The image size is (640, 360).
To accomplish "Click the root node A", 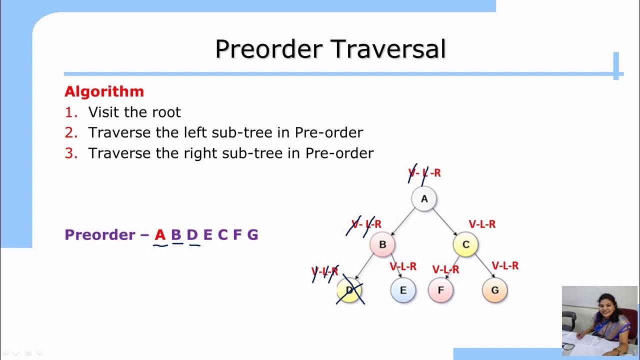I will (x=424, y=199).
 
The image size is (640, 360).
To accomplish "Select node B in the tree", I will (x=382, y=244).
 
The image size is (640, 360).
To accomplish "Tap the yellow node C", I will (x=465, y=244).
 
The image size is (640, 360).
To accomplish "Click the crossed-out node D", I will (x=349, y=290).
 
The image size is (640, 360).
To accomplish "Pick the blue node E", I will (x=403, y=290).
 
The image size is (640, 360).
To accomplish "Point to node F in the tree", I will (x=440, y=290).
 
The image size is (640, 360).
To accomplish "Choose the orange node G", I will (x=495, y=290).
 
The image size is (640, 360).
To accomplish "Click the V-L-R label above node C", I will (x=482, y=224).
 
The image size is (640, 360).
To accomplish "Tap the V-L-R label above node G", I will (x=505, y=265).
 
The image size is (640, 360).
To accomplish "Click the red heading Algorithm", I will (x=104, y=91).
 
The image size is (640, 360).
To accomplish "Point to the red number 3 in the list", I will (x=71, y=153).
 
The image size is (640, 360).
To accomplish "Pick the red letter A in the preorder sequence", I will (x=160, y=234).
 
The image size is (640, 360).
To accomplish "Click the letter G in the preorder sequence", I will (x=252, y=234).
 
